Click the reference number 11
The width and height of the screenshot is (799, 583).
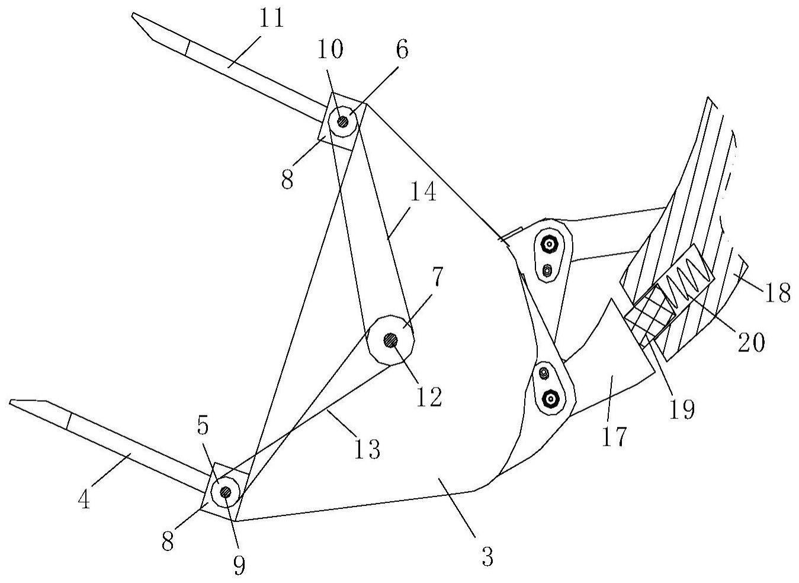270,20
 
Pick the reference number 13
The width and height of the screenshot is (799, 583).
367,449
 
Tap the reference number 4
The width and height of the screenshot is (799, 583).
84,501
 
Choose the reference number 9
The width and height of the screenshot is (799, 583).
238,566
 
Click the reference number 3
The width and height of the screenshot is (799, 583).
487,557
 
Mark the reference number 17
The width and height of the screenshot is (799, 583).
614,437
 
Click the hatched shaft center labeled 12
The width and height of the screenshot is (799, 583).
390,340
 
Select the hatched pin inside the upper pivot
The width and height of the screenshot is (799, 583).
343,121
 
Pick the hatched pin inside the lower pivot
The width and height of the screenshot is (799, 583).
225,492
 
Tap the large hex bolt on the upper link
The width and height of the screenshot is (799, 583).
549,244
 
